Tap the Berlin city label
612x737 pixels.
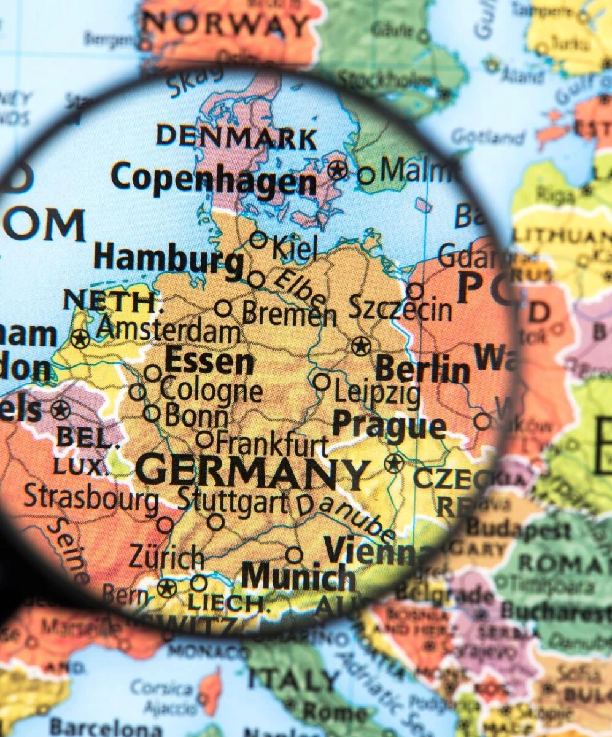(x=422, y=370)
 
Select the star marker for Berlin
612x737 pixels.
(x=360, y=346)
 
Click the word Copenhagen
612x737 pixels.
(x=214, y=180)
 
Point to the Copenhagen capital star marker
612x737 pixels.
(x=337, y=170)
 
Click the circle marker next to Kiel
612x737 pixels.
(x=258, y=240)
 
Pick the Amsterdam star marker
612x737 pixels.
(x=80, y=338)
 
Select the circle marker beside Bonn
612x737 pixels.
(x=152, y=413)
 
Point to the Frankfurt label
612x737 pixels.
(x=273, y=442)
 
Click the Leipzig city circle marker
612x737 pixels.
(x=321, y=381)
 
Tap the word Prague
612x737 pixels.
(x=389, y=425)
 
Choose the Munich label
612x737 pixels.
(x=298, y=578)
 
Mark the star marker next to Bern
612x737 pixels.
(x=166, y=588)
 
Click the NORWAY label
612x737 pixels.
(x=227, y=25)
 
